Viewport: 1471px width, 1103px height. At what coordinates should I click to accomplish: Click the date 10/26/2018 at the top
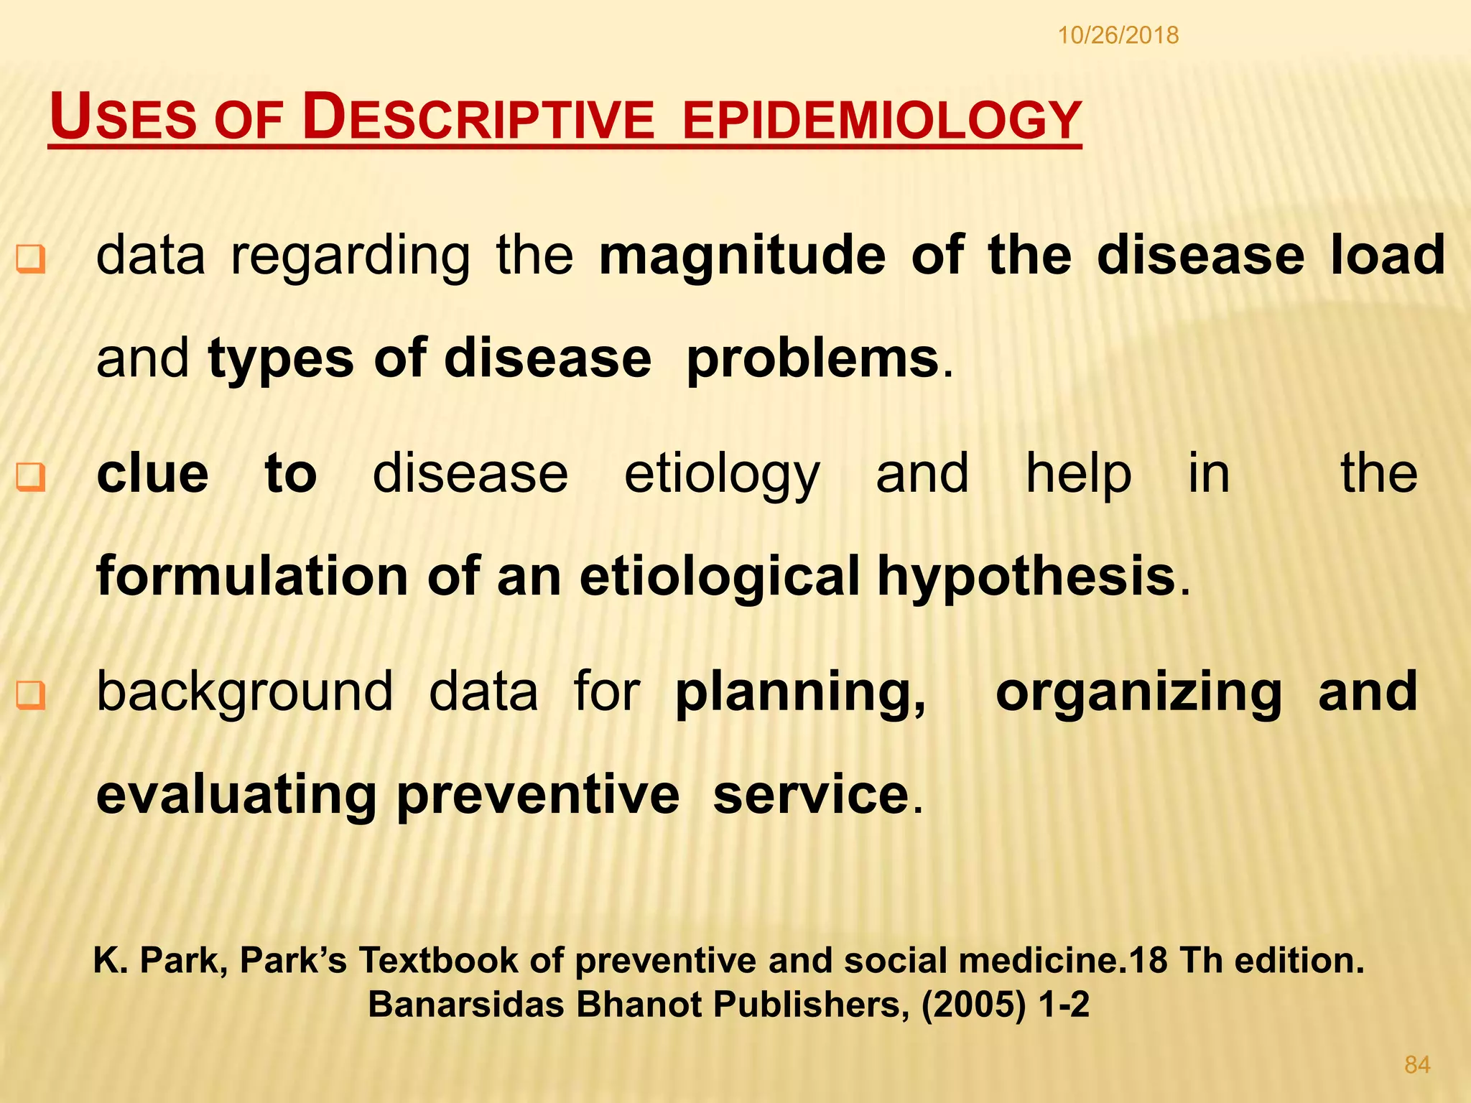pos(1118,35)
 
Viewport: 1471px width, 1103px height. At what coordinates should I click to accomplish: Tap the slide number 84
pos(1417,1065)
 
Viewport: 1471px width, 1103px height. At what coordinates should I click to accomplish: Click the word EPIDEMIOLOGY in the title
pos(881,120)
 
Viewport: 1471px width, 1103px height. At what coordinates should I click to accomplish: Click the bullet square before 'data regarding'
pos(31,259)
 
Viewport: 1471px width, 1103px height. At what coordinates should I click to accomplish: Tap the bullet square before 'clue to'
pos(31,477)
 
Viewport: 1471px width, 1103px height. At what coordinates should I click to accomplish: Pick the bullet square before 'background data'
pos(31,694)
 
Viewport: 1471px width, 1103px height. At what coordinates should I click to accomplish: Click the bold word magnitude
pos(743,256)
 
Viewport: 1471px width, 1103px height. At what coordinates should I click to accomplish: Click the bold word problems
pos(812,359)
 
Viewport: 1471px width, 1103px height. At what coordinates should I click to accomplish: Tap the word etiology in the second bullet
pos(721,475)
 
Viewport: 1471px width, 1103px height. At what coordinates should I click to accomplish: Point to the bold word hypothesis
pos(1026,577)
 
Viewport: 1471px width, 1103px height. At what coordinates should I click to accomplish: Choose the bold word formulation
pos(252,577)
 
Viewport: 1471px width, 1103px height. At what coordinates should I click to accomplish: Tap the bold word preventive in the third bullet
pos(538,796)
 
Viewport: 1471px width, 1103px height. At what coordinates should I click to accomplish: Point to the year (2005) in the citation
pos(973,1005)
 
